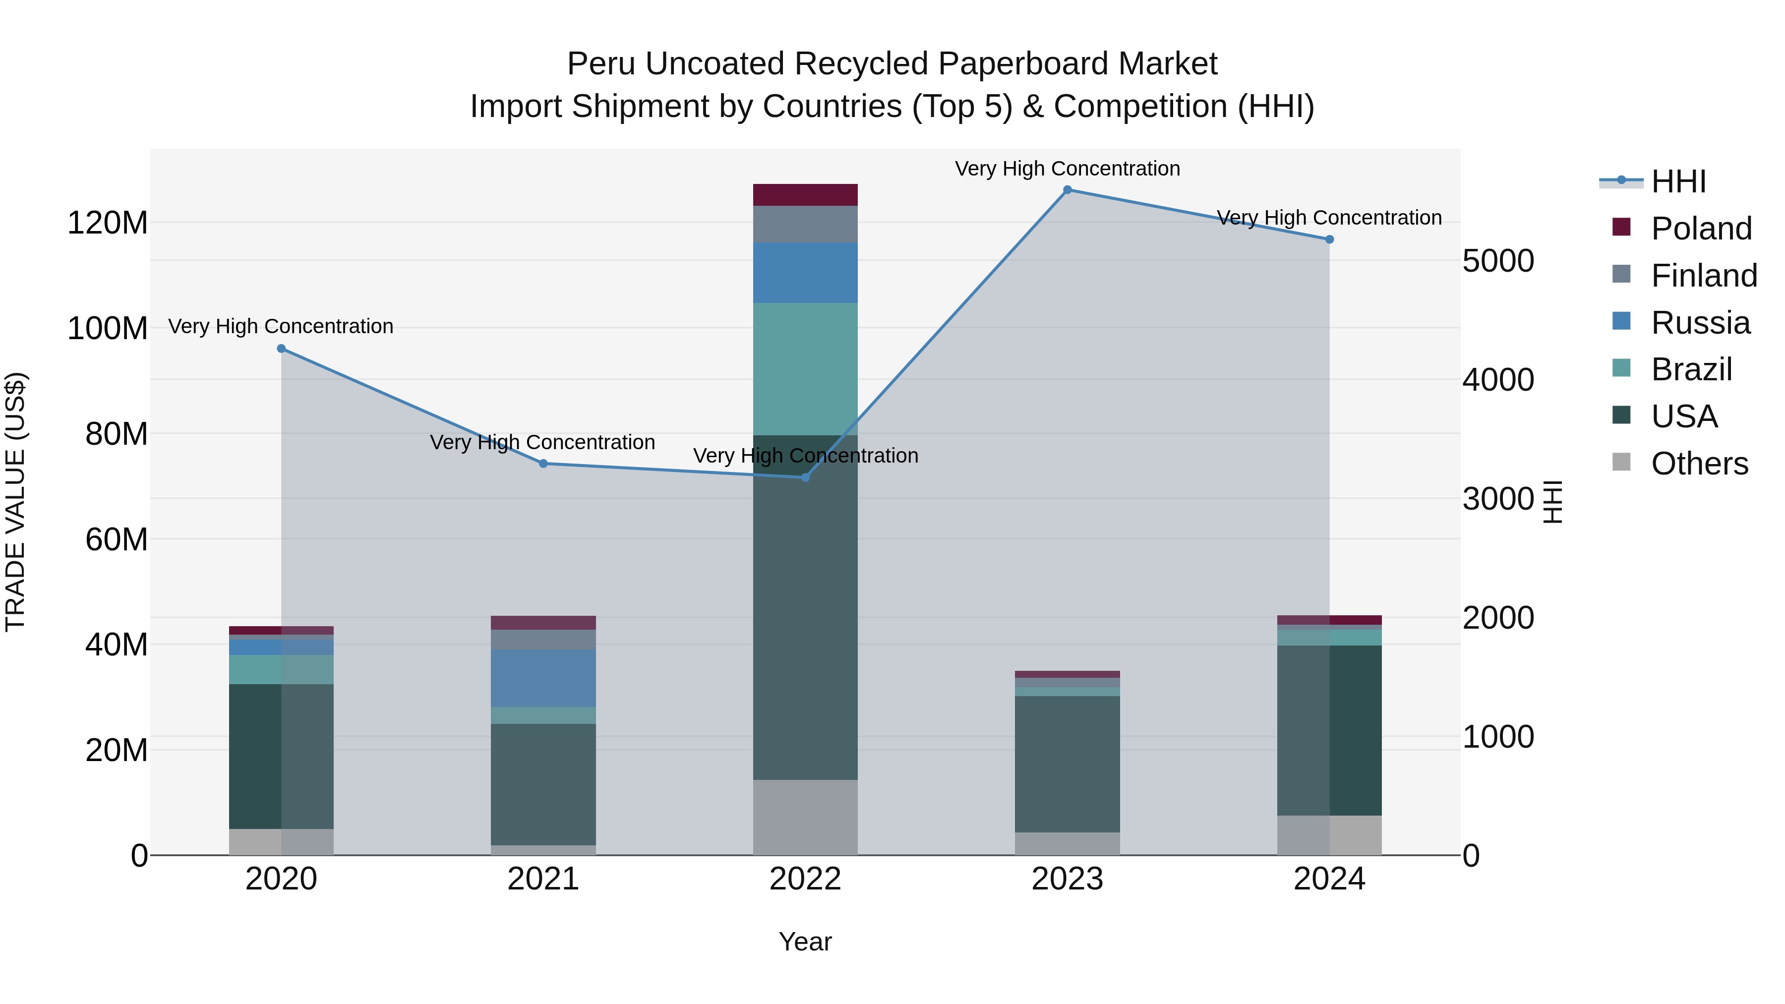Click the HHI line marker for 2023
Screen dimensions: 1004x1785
(1067, 190)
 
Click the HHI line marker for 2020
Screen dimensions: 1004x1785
(281, 349)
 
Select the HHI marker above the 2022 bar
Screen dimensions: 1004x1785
(805, 477)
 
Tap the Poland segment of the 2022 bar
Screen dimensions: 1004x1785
(805, 195)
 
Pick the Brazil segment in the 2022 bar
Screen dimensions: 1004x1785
(805, 368)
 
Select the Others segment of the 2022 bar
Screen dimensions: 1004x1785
(805, 817)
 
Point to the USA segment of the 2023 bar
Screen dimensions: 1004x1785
(1067, 764)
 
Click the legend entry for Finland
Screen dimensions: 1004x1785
(1703, 276)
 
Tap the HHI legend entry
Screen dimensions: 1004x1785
(1677, 181)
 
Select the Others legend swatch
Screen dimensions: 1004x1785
(1621, 462)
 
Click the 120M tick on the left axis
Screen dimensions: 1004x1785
(108, 223)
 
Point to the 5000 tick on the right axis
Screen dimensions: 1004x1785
(1498, 261)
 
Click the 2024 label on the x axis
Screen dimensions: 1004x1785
(1329, 879)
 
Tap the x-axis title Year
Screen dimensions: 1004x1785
(805, 942)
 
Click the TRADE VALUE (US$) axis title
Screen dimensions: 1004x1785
(15, 502)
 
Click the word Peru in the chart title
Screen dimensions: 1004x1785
(601, 64)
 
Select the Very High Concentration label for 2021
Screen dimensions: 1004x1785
(542, 442)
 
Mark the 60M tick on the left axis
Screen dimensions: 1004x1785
(117, 539)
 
